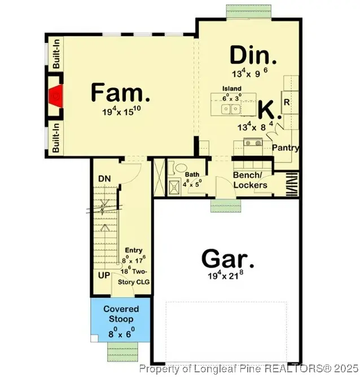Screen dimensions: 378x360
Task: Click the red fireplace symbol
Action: point(56,98)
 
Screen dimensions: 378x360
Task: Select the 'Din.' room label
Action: point(253,56)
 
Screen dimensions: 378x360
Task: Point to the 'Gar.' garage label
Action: point(228,261)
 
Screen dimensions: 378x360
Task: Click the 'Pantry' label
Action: point(285,148)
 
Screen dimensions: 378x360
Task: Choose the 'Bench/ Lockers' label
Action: point(250,180)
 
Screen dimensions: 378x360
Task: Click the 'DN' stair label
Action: point(104,179)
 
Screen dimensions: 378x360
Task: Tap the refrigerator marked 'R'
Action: point(287,103)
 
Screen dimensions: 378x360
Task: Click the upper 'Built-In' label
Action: point(56,54)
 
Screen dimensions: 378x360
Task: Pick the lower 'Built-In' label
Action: point(56,139)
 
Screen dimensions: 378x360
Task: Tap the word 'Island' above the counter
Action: point(231,89)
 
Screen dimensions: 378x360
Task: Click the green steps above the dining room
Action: point(242,11)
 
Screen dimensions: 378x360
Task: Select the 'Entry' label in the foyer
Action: point(134,250)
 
